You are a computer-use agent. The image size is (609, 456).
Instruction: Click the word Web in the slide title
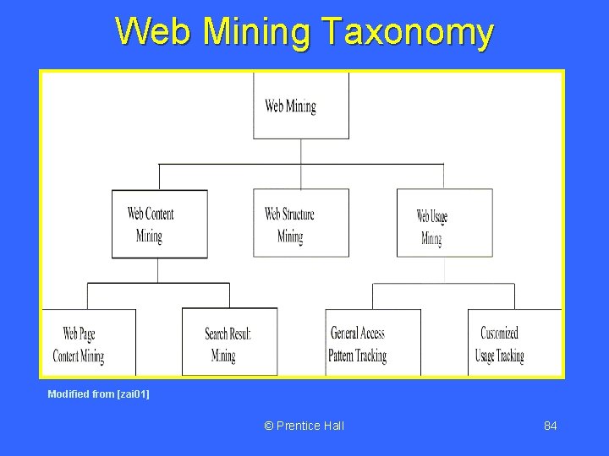pos(145,32)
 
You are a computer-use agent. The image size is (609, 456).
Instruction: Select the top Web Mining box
pos(301,106)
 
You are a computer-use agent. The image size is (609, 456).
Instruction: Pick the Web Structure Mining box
pos(301,223)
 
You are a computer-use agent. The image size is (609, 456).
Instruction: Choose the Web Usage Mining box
pos(444,224)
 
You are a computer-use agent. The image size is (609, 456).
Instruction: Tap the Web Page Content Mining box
pos(88,343)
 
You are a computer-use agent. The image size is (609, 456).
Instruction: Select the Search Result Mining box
pos(229,343)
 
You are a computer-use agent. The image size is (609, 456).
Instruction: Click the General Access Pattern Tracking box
pos(372,343)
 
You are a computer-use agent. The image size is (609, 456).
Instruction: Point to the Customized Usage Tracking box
pos(513,343)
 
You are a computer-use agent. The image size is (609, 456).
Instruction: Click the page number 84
pos(550,426)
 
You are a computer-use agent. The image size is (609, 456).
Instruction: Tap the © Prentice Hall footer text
pos(304,426)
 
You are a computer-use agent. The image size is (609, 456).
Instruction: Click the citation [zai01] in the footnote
pos(133,394)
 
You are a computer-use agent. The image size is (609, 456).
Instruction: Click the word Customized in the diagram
pos(499,334)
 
